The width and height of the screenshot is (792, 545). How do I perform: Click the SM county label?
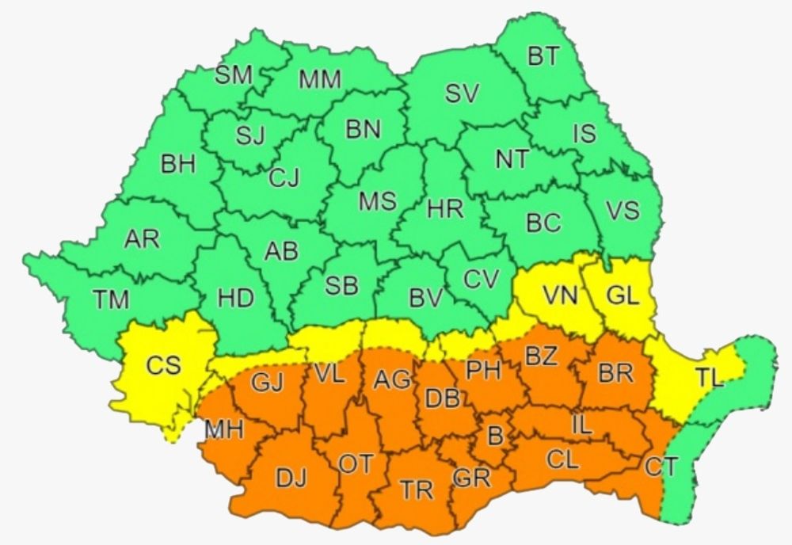tap(234, 75)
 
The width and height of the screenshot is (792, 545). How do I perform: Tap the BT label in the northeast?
tap(543, 56)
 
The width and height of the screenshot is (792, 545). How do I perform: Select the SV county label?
tap(462, 94)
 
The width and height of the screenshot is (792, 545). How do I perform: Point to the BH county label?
tap(178, 165)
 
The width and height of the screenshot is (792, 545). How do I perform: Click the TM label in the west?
tap(111, 299)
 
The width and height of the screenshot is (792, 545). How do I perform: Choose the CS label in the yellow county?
tap(164, 365)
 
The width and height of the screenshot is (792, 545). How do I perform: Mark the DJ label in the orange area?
tap(291, 478)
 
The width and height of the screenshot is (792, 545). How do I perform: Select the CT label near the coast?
tap(660, 467)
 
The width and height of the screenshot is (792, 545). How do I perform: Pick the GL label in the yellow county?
tap(622, 296)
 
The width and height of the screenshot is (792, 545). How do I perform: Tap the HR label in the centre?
tap(445, 209)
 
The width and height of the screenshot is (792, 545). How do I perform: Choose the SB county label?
tap(341, 286)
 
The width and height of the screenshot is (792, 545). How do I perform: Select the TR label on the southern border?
tap(417, 490)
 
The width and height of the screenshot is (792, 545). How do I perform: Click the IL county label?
tap(581, 425)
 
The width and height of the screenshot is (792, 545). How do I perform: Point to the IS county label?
tap(584, 133)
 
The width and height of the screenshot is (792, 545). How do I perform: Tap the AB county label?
tap(281, 252)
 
